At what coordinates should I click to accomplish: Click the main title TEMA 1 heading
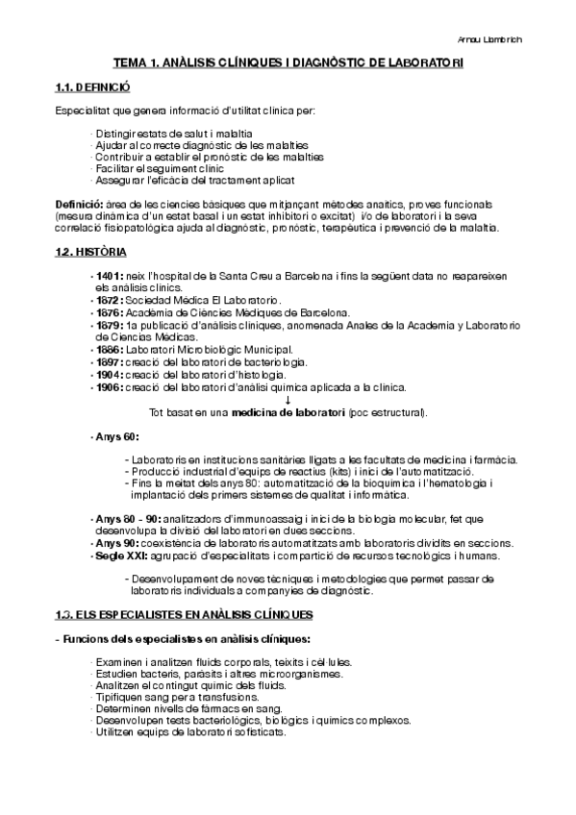tap(288, 62)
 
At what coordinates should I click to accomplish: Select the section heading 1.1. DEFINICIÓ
tap(89, 87)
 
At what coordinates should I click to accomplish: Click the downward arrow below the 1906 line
tap(288, 400)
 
